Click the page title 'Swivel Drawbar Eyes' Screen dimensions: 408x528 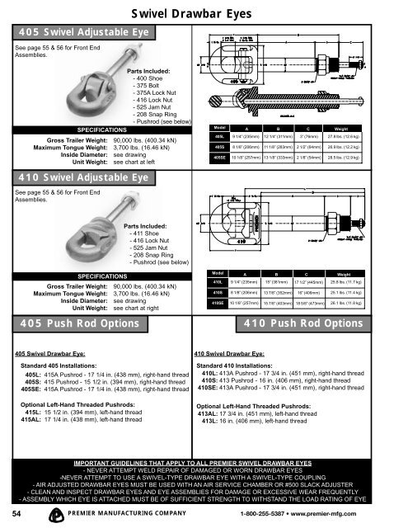click(x=203, y=11)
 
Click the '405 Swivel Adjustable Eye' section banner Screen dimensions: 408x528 click(x=80, y=32)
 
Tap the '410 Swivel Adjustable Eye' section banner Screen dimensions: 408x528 click(x=80, y=177)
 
